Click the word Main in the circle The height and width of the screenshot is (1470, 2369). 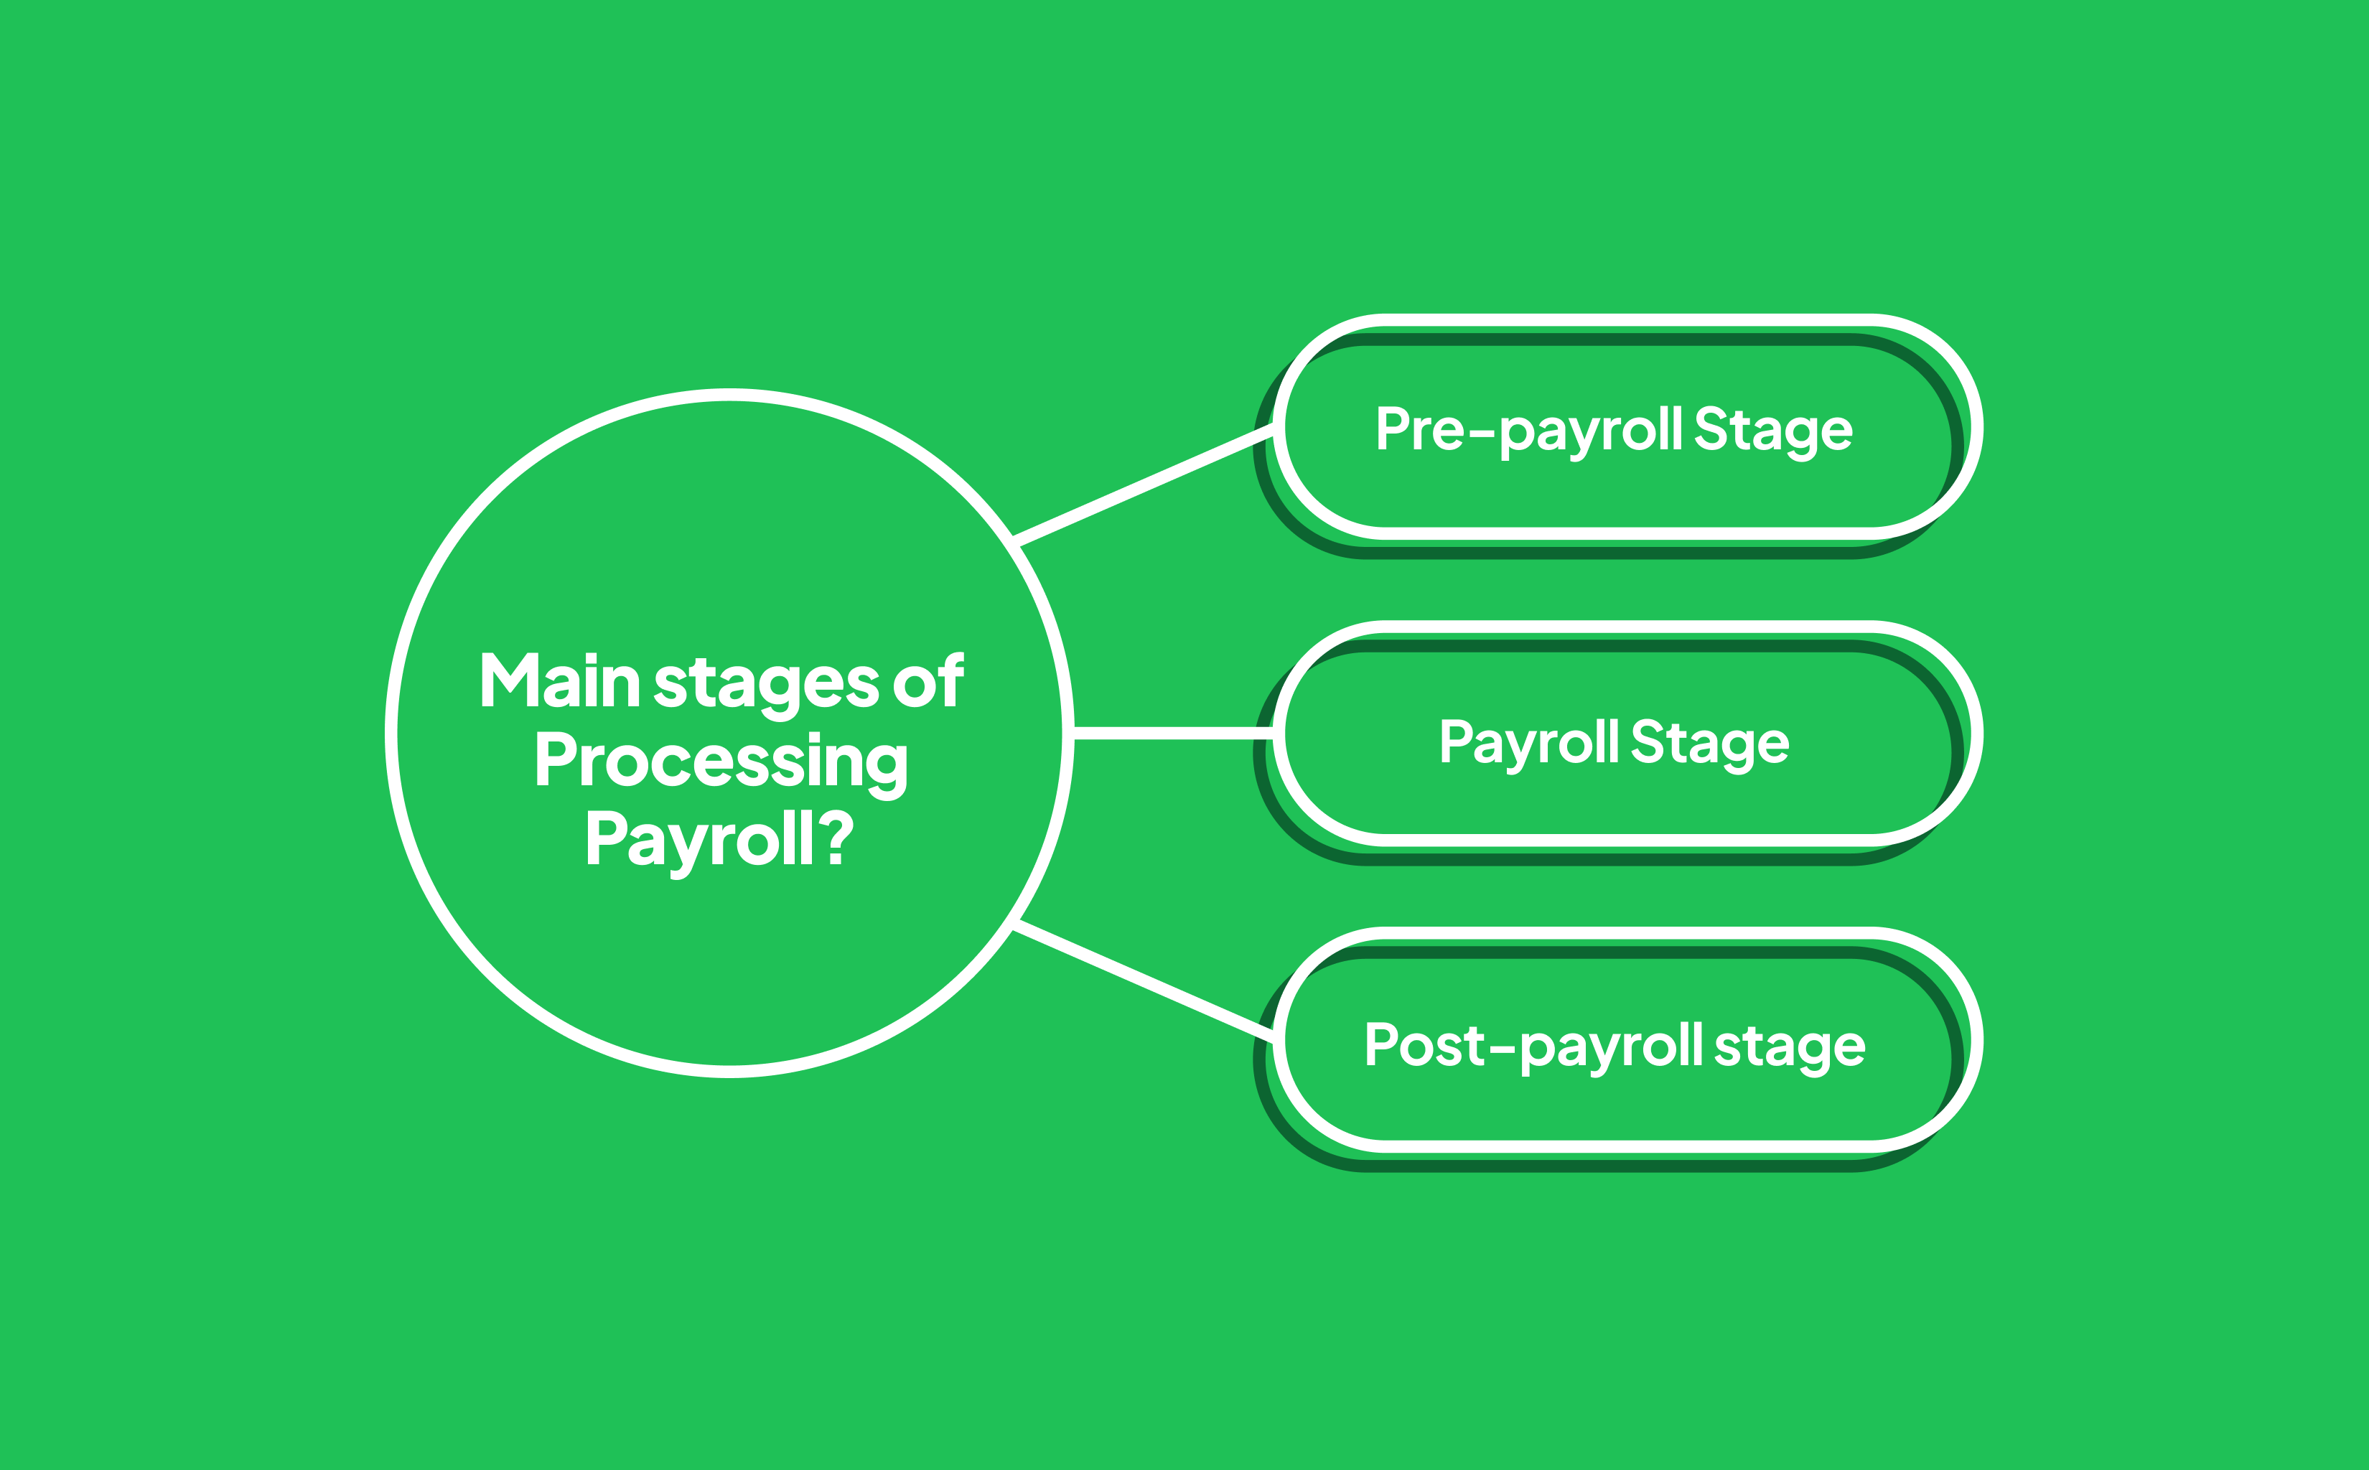tap(560, 680)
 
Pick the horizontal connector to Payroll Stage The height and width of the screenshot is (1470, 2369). tap(1173, 733)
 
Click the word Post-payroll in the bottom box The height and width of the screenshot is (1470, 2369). tap(1534, 1048)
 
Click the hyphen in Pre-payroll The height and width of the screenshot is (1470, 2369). tap(1482, 434)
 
